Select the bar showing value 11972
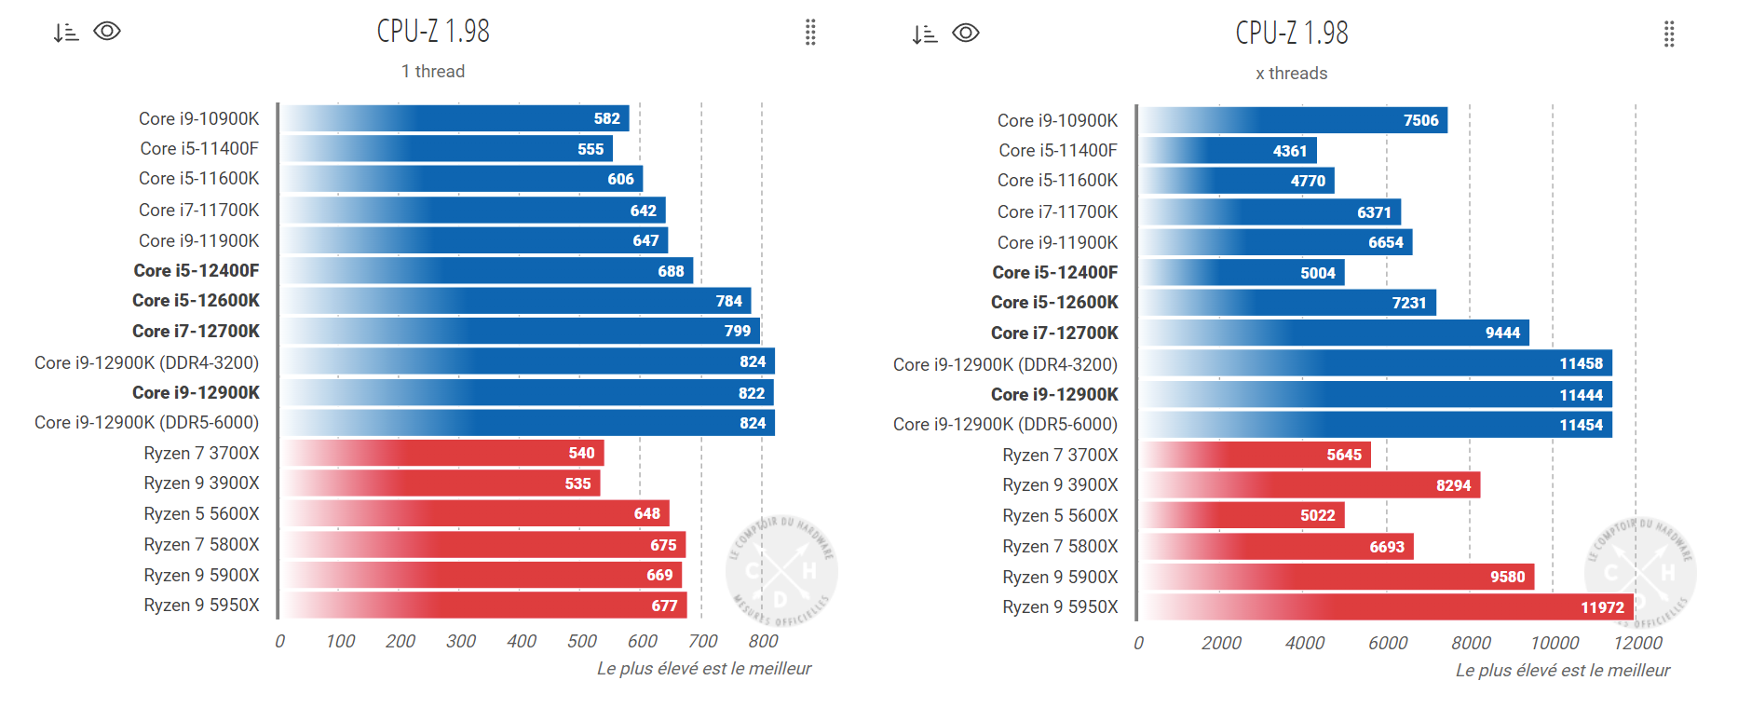[1387, 607]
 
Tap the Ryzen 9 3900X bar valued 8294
[1310, 485]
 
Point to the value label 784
[729, 301]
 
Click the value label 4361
[1290, 151]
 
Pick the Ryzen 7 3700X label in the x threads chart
[1060, 455]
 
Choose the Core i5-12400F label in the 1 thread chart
[197, 271]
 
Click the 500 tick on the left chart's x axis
[582, 641]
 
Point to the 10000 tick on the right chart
[1555, 643]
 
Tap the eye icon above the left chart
[107, 32]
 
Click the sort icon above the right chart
[925, 34]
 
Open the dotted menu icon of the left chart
[810, 32]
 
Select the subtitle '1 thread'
[433, 72]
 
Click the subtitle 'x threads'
[1292, 74]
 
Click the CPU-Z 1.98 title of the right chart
[1292, 33]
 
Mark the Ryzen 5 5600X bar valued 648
[475, 513]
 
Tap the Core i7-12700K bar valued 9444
[1334, 333]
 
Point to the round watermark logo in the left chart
[781, 571]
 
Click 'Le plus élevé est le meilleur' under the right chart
[1563, 671]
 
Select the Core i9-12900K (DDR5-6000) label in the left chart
[147, 423]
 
